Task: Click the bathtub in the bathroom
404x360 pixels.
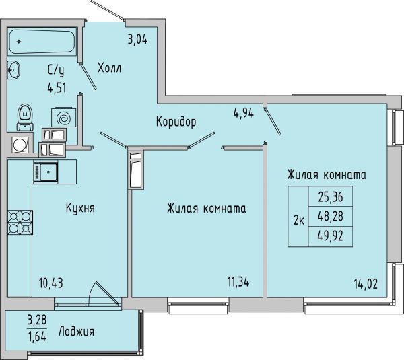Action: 42,41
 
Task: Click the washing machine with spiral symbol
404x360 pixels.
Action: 64,118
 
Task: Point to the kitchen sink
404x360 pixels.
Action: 45,172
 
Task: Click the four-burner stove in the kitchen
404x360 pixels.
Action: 20,222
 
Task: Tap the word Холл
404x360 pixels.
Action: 109,68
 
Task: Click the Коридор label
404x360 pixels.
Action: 176,122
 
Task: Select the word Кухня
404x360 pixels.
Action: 80,208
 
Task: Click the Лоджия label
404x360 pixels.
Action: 76,332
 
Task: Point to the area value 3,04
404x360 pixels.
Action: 137,40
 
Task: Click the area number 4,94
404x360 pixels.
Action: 244,113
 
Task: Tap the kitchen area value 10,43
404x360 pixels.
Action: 51,283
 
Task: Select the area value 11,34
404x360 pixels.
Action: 238,282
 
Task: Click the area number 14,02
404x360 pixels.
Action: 366,284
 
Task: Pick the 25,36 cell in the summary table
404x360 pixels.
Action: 331,196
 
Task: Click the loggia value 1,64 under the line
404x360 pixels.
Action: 37,336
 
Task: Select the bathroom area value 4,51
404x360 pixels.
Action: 57,88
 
